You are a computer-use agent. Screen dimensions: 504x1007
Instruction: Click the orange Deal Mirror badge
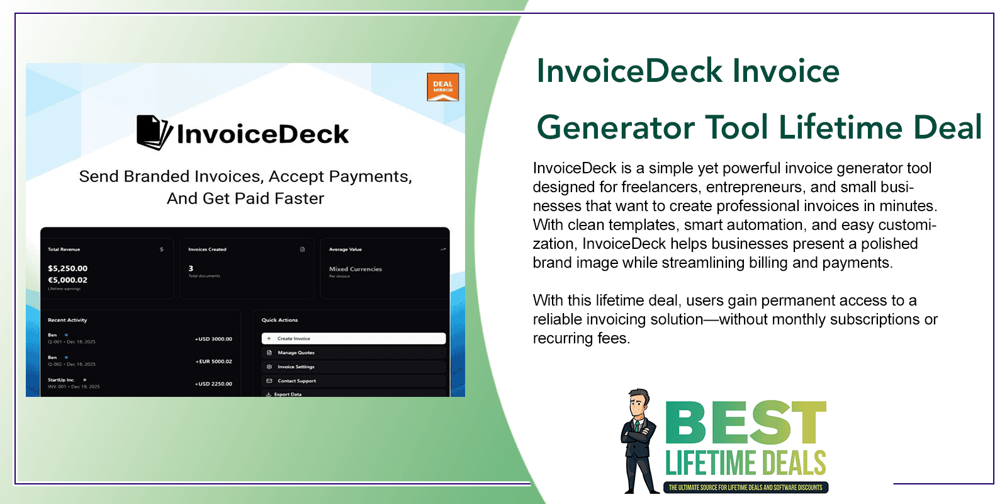(442, 87)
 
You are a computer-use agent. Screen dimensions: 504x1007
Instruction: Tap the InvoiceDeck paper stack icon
(154, 132)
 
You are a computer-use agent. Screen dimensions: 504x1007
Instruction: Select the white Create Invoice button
(353, 338)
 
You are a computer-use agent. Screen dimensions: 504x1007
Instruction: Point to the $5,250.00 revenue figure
(68, 268)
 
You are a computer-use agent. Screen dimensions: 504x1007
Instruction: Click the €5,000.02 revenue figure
(68, 280)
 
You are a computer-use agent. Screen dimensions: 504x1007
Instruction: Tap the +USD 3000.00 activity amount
(213, 339)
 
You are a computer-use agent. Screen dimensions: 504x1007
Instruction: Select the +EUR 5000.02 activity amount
(213, 362)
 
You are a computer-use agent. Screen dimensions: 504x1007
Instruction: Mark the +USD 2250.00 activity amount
(213, 384)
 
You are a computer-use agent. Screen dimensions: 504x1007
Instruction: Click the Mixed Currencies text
(356, 269)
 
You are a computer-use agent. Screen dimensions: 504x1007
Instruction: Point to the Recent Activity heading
(67, 320)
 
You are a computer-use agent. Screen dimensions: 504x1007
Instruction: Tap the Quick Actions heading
(279, 320)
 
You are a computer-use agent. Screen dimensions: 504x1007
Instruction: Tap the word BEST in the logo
(746, 423)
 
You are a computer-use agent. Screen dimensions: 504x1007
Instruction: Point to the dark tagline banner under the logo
(746, 488)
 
